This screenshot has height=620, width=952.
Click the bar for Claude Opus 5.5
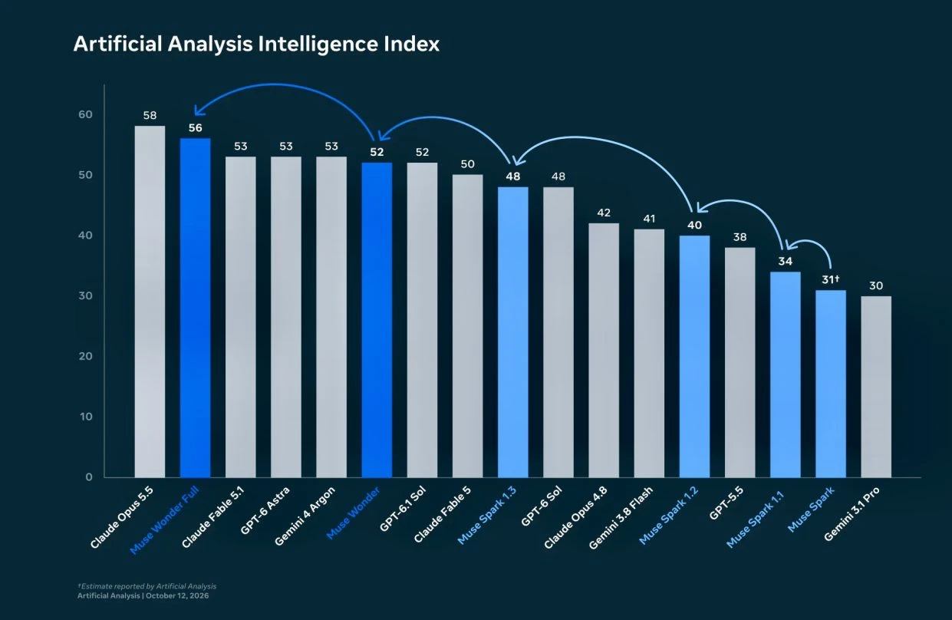tap(150, 302)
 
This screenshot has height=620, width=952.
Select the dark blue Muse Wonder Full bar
tap(195, 308)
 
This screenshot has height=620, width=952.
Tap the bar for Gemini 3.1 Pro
tap(876, 387)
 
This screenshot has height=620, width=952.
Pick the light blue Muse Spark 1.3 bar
tap(513, 332)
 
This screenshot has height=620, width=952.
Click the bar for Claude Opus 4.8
tap(604, 351)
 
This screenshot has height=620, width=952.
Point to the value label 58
tap(150, 115)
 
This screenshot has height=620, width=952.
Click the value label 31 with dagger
tap(831, 279)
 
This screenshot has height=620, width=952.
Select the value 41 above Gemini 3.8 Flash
tap(649, 219)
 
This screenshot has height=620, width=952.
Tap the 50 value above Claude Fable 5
tap(467, 164)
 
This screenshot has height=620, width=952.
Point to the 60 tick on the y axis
tap(85, 114)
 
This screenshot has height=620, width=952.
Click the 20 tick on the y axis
tap(85, 356)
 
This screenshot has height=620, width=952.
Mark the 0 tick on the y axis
tap(89, 477)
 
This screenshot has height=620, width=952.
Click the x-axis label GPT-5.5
tap(726, 503)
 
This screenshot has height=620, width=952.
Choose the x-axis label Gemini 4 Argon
tap(305, 516)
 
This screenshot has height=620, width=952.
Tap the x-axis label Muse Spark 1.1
tap(755, 519)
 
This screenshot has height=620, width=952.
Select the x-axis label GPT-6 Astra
tap(265, 510)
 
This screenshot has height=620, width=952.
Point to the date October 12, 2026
tap(177, 595)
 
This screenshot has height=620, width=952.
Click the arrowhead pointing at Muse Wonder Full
tap(198, 110)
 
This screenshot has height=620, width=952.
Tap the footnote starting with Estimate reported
tap(147, 586)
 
